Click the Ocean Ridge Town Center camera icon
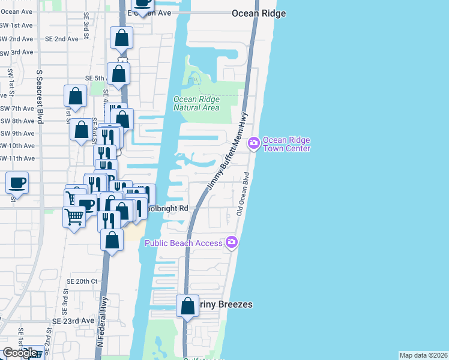pyautogui.click(x=253, y=142)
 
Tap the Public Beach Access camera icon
pyautogui.click(x=232, y=242)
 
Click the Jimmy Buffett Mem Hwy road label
pyautogui.click(x=227, y=154)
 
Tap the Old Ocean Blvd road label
pyautogui.click(x=243, y=195)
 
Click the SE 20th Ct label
pyautogui.click(x=82, y=281)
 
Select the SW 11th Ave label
pyautogui.click(x=17, y=158)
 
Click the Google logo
pyautogui.click(x=20, y=353)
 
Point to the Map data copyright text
pyautogui.click(x=423, y=355)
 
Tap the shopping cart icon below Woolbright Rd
pyautogui.click(x=74, y=217)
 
